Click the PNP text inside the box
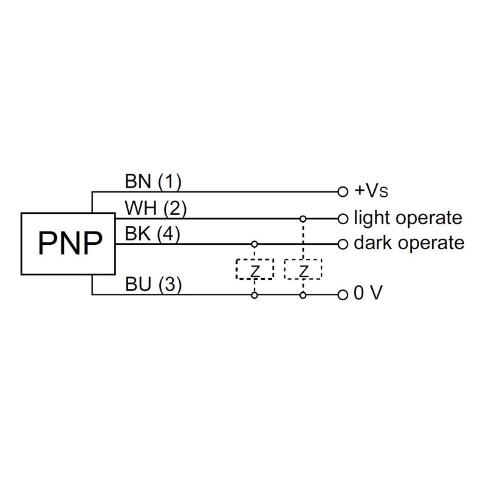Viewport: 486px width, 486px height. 70,243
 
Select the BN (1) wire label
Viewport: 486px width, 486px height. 153,181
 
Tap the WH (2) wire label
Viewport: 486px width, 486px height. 156,208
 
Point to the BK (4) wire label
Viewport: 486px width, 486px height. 152,233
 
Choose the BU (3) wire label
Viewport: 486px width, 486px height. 153,284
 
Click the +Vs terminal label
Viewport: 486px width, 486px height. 371,191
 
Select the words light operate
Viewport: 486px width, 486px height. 408,218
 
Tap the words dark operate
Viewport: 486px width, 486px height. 409,242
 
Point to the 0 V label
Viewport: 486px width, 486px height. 368,293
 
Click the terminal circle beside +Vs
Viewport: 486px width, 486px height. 343,192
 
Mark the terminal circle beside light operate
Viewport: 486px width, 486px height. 343,219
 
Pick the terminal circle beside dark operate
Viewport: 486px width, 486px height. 343,244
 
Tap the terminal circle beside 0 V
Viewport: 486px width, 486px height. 343,295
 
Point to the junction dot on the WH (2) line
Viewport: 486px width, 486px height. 303,219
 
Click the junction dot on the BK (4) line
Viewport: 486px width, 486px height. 255,244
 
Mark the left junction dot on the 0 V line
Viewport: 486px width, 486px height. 255,295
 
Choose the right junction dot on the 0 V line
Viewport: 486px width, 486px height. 303,295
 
